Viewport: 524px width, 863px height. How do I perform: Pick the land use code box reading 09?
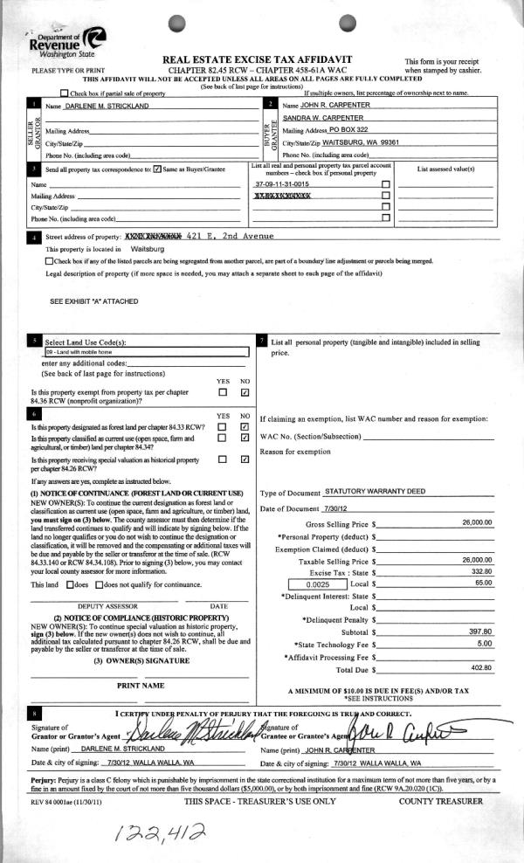point(146,352)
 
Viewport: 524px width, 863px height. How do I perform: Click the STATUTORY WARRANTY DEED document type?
point(376,492)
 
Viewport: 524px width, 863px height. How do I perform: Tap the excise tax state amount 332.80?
point(481,570)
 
